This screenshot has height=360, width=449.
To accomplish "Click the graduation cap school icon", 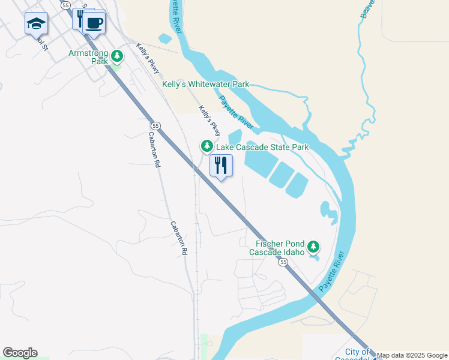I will click(36, 24).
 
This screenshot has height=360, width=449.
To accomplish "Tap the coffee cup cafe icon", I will click(94, 23).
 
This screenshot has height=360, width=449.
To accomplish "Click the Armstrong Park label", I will click(88, 57).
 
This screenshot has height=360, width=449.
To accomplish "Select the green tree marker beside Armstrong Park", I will click(117, 57).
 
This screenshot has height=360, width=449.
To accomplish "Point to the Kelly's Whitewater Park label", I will click(205, 85).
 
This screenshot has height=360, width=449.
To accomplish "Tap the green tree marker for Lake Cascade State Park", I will click(206, 146).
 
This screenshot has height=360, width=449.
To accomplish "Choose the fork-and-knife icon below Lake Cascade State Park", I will click(221, 165).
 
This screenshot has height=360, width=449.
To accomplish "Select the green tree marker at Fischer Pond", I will click(313, 247).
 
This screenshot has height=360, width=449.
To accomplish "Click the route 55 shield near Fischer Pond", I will click(283, 262).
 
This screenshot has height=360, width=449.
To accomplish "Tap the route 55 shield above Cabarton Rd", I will click(155, 125).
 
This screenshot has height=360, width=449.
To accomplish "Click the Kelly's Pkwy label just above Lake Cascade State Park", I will click(210, 121).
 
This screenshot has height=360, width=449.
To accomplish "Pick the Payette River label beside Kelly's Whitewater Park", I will click(236, 110).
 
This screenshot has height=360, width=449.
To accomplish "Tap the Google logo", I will click(20, 353).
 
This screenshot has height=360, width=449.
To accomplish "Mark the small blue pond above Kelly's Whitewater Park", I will click(165, 39).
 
